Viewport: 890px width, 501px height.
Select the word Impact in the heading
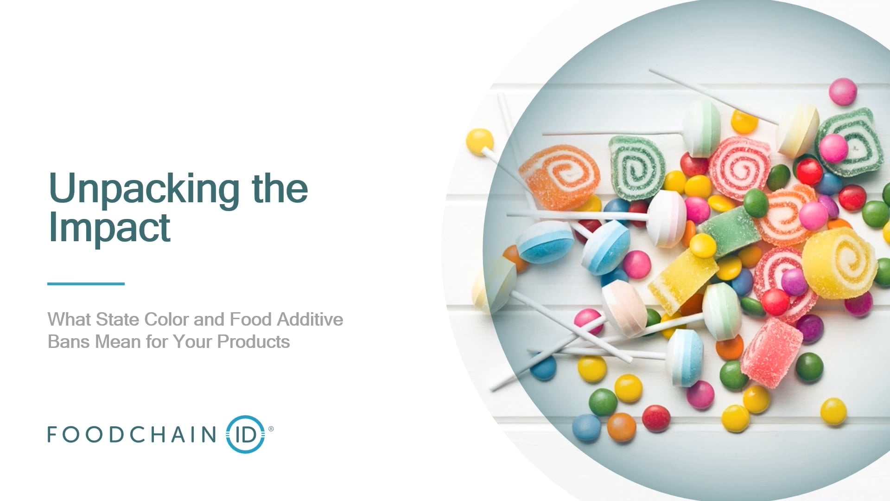point(109,227)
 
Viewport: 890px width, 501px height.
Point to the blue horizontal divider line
point(86,283)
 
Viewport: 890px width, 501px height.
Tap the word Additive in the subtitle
point(310,319)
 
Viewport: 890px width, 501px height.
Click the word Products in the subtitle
point(254,342)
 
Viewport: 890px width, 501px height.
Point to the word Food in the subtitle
point(251,319)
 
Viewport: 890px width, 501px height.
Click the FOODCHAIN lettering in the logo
point(132,434)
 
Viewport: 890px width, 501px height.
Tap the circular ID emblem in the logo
point(245,434)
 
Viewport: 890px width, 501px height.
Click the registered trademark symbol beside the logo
point(271,429)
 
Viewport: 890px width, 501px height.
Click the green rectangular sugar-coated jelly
point(729,231)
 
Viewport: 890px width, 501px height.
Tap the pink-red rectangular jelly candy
point(771,353)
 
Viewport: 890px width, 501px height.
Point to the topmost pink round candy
point(843,91)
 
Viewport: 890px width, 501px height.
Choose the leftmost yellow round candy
point(480,141)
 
